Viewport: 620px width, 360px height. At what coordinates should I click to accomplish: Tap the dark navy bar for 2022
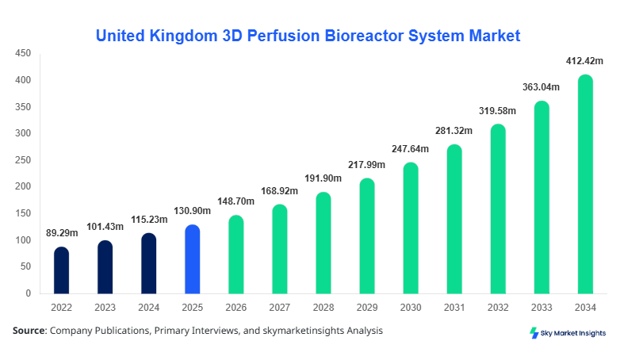pyautogui.click(x=62, y=270)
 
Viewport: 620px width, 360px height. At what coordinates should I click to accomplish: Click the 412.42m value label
pyautogui.click(x=585, y=61)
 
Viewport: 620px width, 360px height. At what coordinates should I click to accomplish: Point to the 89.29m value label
pyautogui.click(x=60, y=234)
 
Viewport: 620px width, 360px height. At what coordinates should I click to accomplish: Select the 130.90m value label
pyautogui.click(x=191, y=212)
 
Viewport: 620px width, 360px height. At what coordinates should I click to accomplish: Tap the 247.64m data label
pyautogui.click(x=409, y=149)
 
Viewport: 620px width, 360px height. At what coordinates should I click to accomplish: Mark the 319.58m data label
pyautogui.click(x=497, y=110)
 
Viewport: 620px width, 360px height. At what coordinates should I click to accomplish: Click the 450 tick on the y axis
pyautogui.click(x=23, y=54)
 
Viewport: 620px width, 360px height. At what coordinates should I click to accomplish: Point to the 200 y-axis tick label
pyautogui.click(x=23, y=187)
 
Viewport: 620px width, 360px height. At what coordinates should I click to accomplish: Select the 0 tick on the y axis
pyautogui.click(x=28, y=294)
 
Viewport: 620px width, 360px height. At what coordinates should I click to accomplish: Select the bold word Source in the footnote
pyautogui.click(x=29, y=331)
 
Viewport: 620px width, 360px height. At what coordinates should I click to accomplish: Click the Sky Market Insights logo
pyautogui.click(x=568, y=333)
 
